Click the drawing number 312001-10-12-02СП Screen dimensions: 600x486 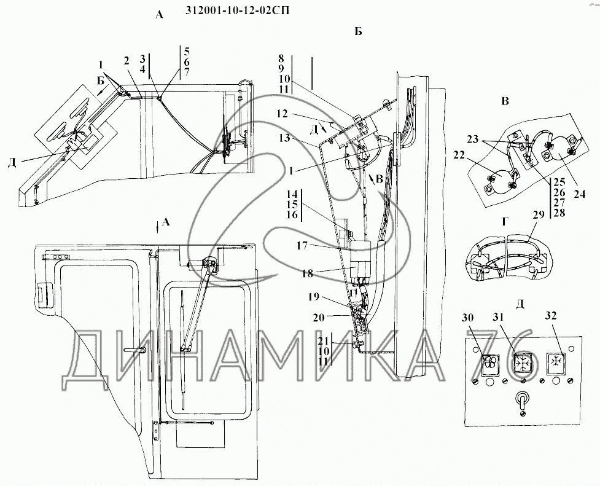[237, 10]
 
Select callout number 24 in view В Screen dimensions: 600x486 [579, 194]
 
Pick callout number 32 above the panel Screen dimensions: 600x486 [551, 316]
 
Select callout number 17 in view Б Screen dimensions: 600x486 [302, 246]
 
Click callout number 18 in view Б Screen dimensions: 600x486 [307, 274]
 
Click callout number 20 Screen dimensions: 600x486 [319, 317]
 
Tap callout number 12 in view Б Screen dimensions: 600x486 [284, 114]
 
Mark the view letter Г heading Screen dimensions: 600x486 [505, 222]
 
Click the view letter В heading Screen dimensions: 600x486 [505, 101]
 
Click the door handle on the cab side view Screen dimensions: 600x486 [135, 349]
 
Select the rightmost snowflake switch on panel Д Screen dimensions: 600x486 [555, 363]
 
